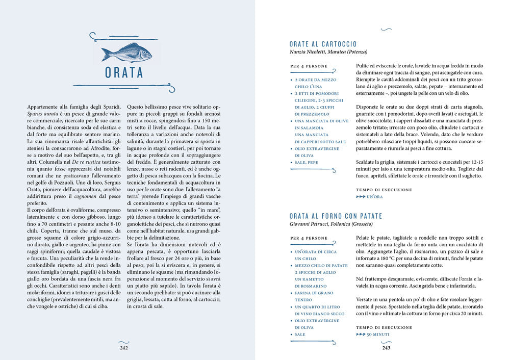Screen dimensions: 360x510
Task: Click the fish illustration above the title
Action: [126, 52]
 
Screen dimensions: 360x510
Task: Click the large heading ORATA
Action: [124, 73]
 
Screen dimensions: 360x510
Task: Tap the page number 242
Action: [124, 348]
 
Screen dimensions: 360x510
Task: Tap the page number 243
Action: [386, 348]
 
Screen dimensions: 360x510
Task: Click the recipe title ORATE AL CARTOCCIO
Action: [323, 44]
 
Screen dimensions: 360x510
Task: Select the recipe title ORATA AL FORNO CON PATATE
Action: [336, 216]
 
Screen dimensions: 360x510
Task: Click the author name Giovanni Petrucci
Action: [308, 224]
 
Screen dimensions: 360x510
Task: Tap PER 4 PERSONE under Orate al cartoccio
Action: [309, 66]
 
